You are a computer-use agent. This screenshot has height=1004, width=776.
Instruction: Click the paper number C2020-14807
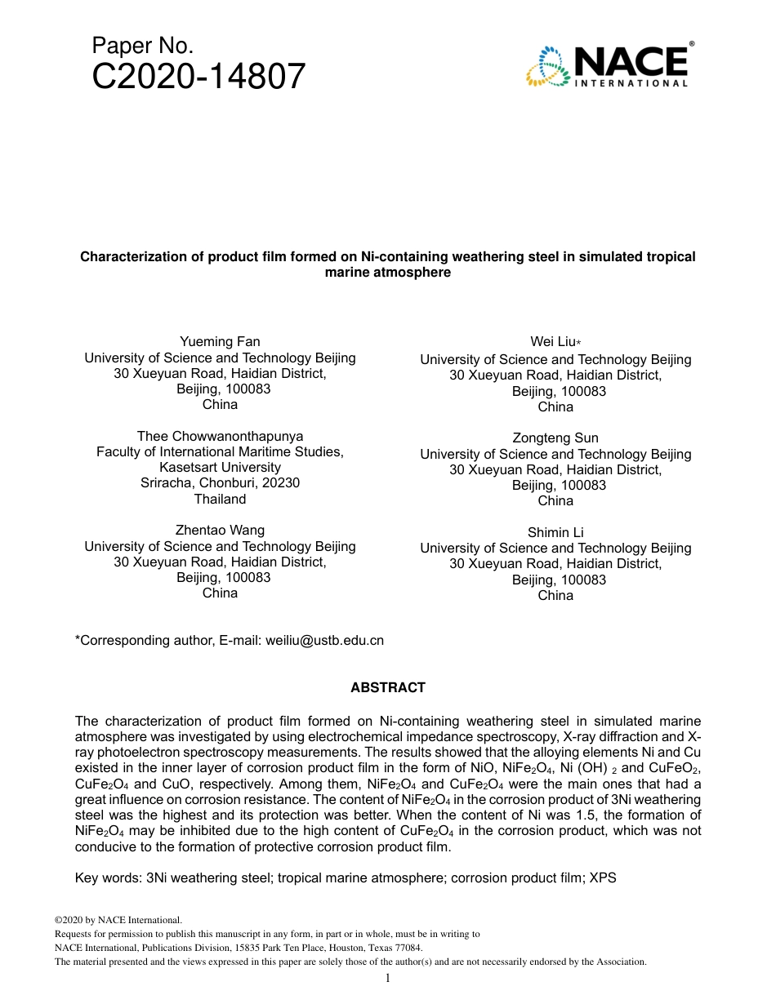point(198,78)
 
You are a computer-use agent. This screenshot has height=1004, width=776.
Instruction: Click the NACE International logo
point(609,65)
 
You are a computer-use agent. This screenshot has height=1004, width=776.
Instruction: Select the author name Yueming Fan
point(220,342)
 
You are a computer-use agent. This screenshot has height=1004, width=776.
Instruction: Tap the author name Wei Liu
point(555,343)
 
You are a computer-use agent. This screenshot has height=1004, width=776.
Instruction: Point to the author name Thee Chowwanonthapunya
point(220,437)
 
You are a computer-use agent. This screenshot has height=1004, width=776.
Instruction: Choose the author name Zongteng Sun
point(555,438)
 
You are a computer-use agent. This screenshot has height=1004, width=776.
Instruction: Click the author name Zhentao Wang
point(220,531)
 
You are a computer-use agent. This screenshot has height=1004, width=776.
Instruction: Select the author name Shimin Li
point(555,533)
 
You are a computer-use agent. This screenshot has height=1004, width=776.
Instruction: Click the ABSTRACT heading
point(388,688)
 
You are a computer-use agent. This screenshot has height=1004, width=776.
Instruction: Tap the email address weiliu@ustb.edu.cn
point(324,641)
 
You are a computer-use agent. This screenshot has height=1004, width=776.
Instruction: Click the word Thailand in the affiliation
point(220,499)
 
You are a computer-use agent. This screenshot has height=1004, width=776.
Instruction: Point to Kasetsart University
point(220,468)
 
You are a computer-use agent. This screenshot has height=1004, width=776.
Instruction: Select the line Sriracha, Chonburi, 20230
point(220,483)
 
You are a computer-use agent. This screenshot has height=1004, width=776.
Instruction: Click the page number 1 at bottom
point(388,978)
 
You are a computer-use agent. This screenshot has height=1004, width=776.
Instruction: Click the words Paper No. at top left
point(142,46)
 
